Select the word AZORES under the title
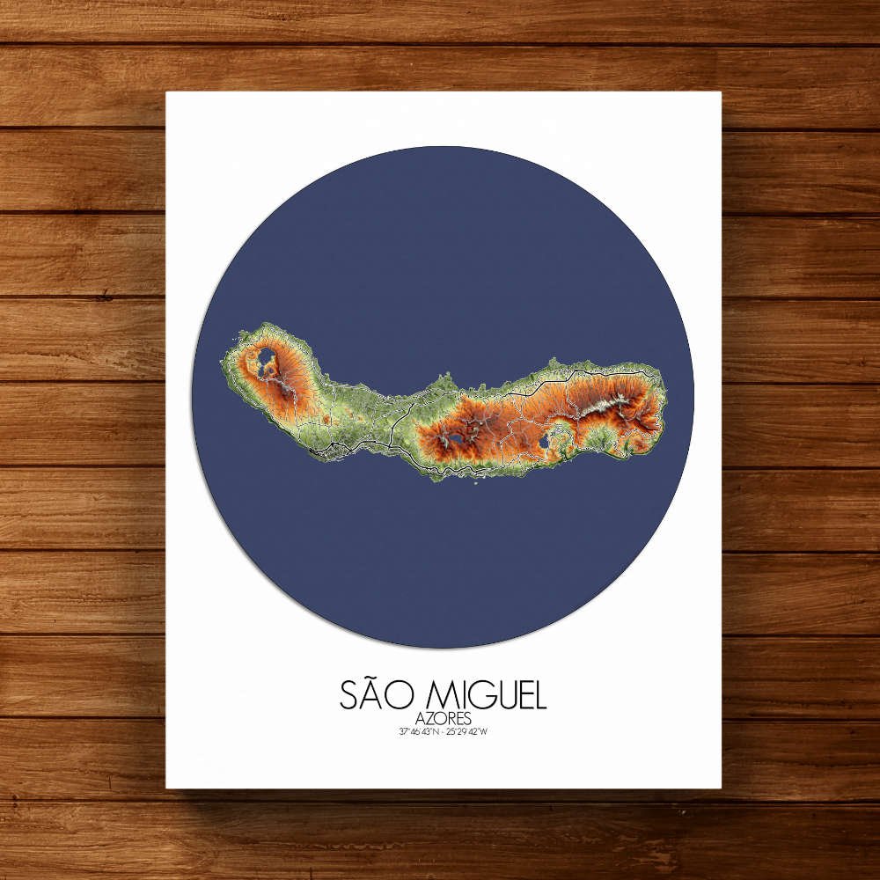coord(442,718)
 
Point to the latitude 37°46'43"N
coord(418,731)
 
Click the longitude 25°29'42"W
coord(466,731)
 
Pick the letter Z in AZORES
coord(428,718)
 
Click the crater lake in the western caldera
coord(263,358)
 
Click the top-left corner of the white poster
coord(166,92)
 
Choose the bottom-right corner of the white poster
coord(721,788)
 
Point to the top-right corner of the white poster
coord(721,92)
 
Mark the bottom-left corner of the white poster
coord(166,788)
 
